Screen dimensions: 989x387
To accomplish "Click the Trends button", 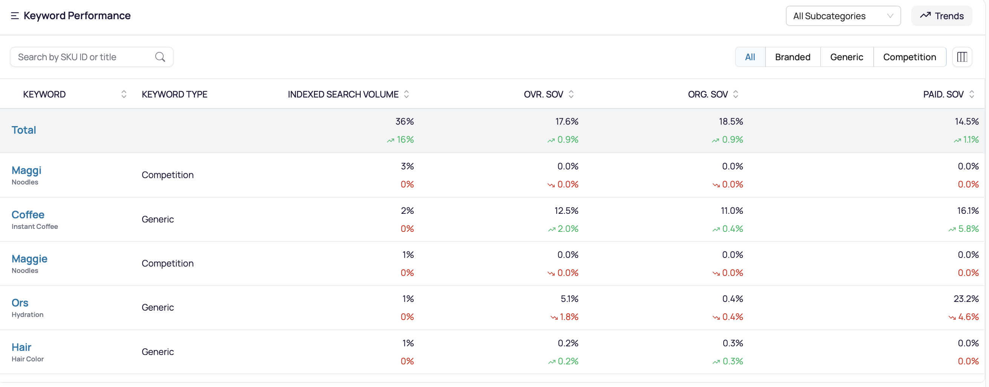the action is click(x=942, y=16).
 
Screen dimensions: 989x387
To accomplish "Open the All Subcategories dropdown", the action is click(x=843, y=16).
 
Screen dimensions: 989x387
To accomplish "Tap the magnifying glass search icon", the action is click(x=160, y=57).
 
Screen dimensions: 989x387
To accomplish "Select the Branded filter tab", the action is click(x=792, y=57).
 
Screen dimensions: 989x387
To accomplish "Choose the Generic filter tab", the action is click(x=847, y=57).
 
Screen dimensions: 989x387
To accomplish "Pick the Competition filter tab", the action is click(x=909, y=57).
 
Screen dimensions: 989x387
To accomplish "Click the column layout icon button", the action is click(x=962, y=57).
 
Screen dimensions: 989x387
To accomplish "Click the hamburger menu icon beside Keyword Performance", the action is click(x=15, y=16).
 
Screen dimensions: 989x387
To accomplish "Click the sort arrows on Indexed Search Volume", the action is click(x=406, y=94).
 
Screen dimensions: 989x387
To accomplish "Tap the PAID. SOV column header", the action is click(x=943, y=94).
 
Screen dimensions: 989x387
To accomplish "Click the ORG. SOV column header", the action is click(x=707, y=94).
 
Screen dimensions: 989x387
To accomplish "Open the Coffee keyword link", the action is click(x=28, y=215).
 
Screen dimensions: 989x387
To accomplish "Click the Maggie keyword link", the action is click(x=29, y=259).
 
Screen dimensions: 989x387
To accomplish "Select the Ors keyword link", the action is click(x=20, y=303).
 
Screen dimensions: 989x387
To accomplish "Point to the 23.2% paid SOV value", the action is click(x=966, y=299).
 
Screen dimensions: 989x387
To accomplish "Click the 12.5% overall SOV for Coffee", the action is click(x=566, y=210).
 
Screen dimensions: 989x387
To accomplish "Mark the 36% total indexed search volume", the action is click(x=405, y=121).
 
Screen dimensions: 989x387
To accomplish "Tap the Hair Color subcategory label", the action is click(x=28, y=359).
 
